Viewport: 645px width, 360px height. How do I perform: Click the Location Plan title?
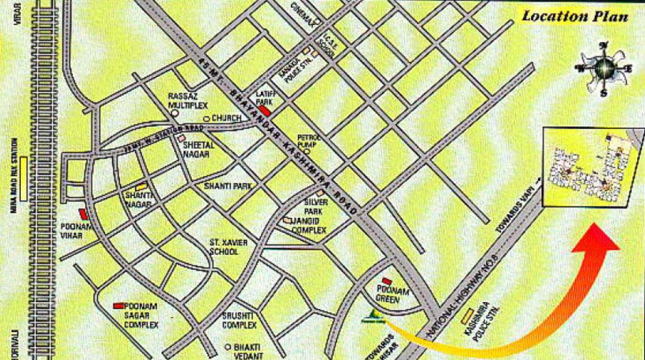(x=574, y=16)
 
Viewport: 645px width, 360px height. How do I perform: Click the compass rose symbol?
(x=603, y=68)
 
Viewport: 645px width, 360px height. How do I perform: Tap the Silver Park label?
(x=313, y=208)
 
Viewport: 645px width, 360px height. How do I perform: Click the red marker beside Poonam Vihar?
(x=83, y=213)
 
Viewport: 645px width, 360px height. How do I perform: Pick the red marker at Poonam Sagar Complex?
(x=119, y=305)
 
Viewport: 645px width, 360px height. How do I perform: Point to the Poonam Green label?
(x=392, y=295)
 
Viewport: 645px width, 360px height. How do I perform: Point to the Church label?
(x=226, y=118)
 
